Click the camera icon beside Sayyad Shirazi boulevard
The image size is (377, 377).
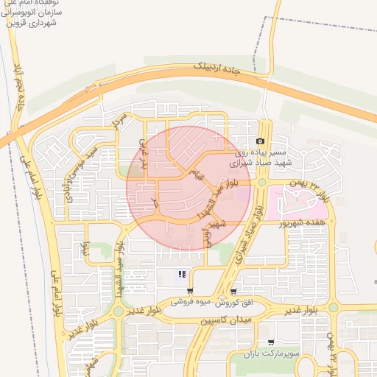click(260, 141)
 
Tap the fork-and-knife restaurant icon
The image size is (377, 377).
click(181, 276)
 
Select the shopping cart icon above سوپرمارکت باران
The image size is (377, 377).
click(272, 342)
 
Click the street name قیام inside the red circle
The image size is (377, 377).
click(196, 175)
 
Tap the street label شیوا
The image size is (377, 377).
click(86, 248)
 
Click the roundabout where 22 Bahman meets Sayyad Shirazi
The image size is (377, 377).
click(261, 182)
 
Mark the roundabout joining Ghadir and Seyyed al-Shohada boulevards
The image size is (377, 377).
click(118, 312)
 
